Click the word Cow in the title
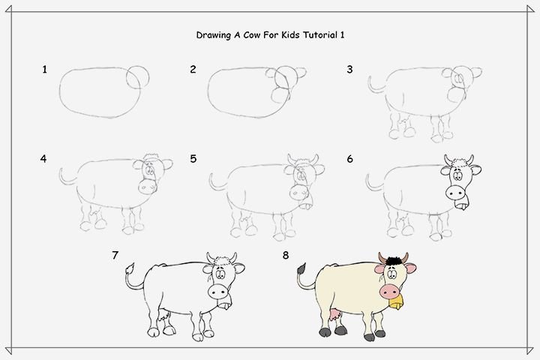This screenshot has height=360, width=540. coord(252,34)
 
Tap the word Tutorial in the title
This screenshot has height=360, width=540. coord(321,34)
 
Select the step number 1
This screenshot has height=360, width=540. coord(44,70)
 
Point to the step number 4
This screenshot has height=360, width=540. coord(43,159)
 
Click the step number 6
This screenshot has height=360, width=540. coord(350,159)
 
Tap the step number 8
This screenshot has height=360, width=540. coord(286,255)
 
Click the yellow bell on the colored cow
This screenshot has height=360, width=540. coord(396,301)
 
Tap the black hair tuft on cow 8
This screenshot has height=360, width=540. coord(393,262)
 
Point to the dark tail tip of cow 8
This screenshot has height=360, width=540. coord(301,268)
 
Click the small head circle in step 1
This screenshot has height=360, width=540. coord(138,76)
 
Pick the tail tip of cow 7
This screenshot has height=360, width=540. coord(130,268)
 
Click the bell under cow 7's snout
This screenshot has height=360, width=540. coord(224,304)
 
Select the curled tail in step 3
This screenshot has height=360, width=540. coord(376,85)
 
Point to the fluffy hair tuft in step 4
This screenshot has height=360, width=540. coord(151,157)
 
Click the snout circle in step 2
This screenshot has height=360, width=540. coord(280,95)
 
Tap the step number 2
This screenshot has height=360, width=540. coord(193,70)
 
